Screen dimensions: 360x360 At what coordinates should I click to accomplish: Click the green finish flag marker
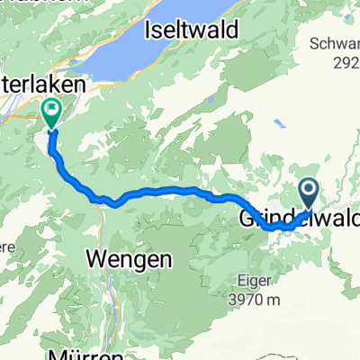point(50,112)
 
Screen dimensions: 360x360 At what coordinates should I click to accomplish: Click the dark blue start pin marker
point(308,191)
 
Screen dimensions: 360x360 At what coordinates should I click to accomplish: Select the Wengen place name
point(129,259)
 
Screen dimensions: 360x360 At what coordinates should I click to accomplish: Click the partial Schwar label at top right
point(336,42)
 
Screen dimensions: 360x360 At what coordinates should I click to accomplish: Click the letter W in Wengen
point(98,259)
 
